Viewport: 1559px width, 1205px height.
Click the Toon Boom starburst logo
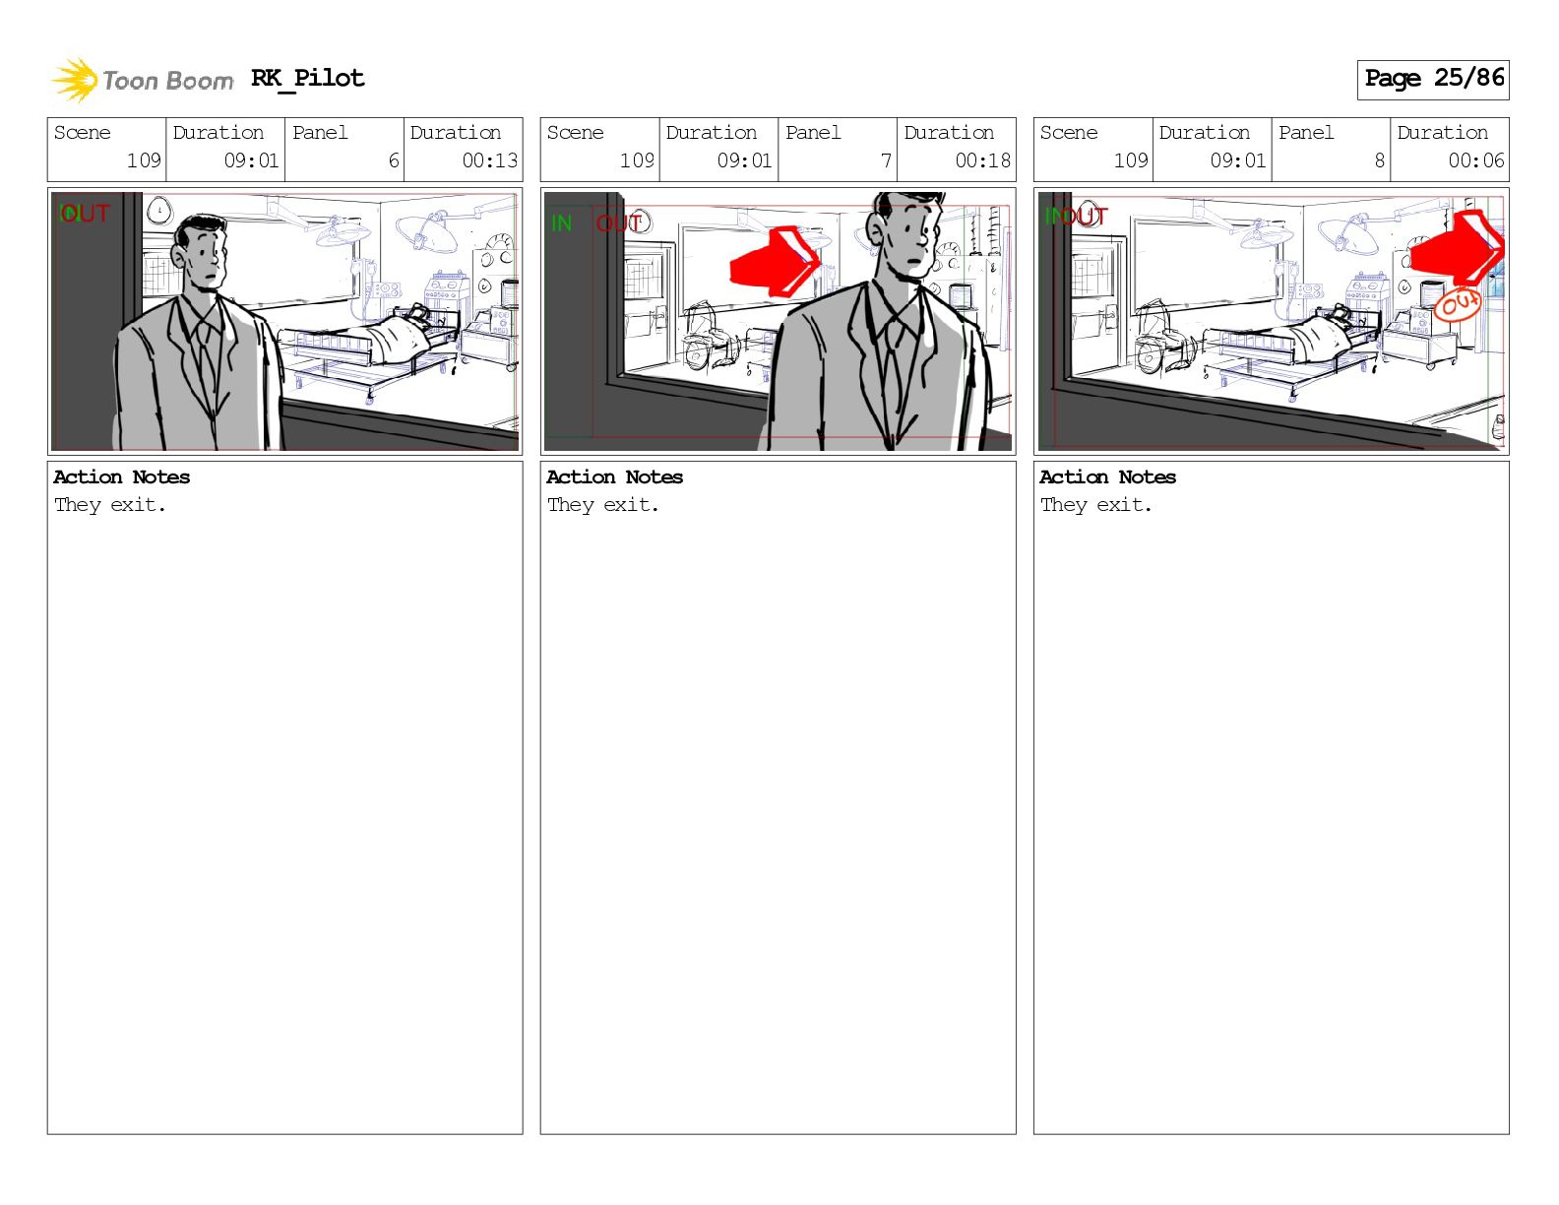pos(75,80)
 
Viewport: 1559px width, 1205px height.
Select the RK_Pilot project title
pos(308,78)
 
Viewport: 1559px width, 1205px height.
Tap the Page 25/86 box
pos(1433,80)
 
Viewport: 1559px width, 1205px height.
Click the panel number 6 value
pos(393,160)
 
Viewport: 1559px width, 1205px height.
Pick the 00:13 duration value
pos(489,160)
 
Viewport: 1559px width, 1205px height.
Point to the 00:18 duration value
pos(982,160)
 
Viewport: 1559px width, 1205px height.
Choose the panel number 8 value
pos(1379,160)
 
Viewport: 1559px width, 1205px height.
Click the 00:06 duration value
pos(1475,160)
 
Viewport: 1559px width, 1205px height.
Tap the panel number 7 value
pos(886,160)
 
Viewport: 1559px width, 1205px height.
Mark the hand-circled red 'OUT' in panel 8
pos(1457,304)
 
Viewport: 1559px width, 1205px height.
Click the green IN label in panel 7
pos(561,223)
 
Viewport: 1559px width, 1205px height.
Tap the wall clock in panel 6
pos(158,211)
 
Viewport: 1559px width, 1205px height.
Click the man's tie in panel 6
pos(206,359)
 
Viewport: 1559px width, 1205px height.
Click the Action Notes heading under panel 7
pos(614,476)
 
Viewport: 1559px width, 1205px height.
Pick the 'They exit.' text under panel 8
pos(1095,504)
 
